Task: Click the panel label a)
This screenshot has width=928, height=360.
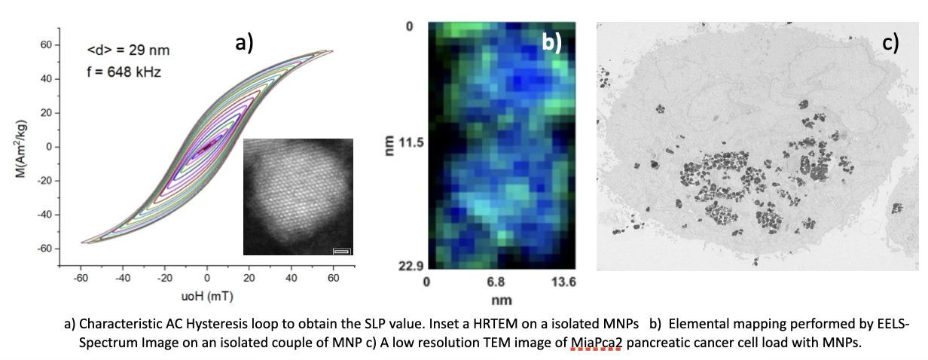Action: point(244,43)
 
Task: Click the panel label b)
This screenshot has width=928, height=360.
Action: point(552,43)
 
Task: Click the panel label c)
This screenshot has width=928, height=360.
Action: point(891,43)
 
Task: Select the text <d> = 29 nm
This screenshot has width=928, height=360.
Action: point(128,51)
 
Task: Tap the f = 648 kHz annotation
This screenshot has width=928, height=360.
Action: point(124,73)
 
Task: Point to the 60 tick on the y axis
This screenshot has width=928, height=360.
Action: point(45,45)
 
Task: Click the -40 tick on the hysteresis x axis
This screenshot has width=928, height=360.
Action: point(123,277)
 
